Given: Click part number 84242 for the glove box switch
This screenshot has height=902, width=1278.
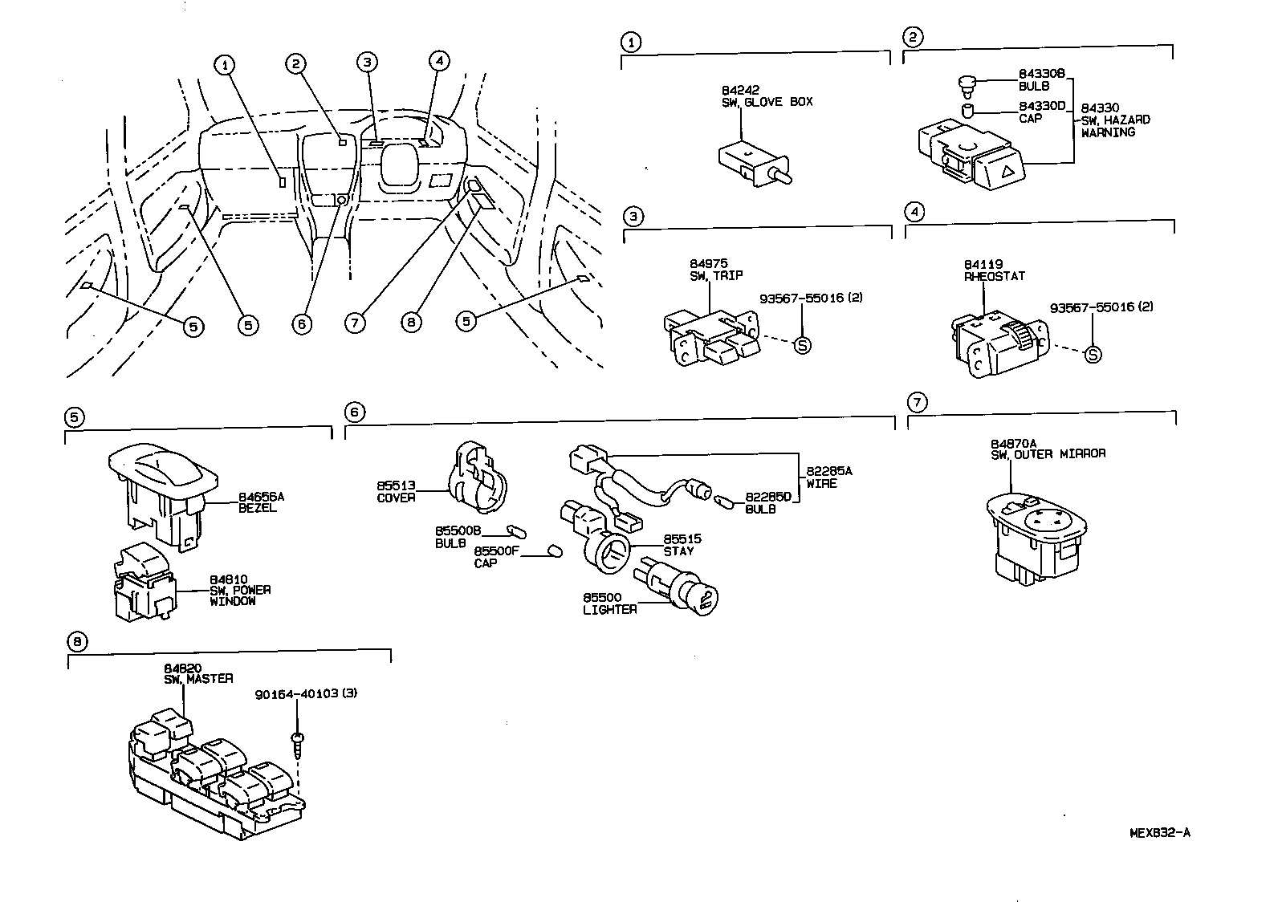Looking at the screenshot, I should (x=740, y=90).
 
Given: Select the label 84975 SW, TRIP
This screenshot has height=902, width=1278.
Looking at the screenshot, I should (x=716, y=270).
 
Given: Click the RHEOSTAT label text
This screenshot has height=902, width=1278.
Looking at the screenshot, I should (x=995, y=276).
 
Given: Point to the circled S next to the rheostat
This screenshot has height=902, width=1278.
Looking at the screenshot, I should (x=1092, y=354).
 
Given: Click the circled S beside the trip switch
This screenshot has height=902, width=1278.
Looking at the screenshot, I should (x=801, y=345).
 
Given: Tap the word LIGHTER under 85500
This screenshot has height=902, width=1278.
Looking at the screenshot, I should (x=610, y=610).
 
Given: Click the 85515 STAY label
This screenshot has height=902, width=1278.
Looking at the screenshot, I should (x=679, y=545).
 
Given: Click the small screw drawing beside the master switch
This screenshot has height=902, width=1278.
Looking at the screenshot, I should (x=298, y=744).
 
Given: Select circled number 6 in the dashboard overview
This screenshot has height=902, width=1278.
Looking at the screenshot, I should (x=302, y=323).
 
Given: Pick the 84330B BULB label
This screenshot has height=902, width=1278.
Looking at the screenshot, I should (x=1041, y=79).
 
